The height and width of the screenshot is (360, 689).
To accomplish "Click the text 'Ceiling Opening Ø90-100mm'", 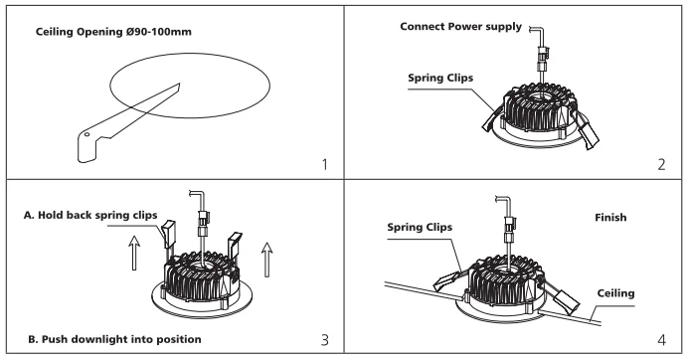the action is coord(113,32).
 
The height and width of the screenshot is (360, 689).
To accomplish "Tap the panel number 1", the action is coord(325,165).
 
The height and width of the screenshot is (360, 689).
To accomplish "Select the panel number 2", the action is coord(662,165).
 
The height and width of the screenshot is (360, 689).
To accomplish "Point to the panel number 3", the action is coord(325,340).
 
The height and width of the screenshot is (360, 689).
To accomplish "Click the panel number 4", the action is coord(662,340).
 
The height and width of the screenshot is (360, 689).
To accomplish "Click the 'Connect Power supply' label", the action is coord(460,27).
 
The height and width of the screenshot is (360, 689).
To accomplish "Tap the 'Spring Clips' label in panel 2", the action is coord(440,79).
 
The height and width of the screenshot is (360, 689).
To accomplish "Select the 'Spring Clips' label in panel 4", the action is coord(420,228).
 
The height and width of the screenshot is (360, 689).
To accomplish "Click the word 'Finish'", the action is coord(610,217).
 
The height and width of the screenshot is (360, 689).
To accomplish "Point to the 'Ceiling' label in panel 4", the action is coord(615,293).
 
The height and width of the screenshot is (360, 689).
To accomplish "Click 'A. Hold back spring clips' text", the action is coord(90,216).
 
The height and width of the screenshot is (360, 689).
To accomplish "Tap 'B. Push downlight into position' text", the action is coord(114,339).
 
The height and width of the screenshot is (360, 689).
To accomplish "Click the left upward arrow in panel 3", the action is coord(134,253).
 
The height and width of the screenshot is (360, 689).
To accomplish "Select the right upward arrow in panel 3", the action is coord(266,260).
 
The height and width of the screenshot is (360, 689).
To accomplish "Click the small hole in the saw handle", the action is coord(87,134).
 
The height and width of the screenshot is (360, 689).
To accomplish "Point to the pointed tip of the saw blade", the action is coord(179,84).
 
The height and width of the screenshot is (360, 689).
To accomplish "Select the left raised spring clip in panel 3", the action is coord(168,234).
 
